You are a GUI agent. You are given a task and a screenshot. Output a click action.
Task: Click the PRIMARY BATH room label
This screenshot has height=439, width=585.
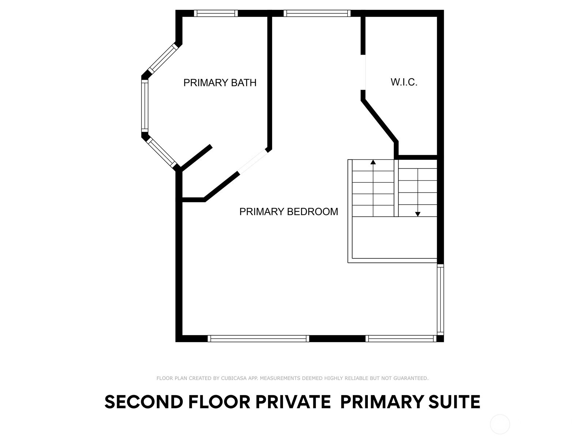coord(220,83)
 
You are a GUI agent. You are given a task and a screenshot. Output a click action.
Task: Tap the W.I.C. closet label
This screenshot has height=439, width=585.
coord(404,82)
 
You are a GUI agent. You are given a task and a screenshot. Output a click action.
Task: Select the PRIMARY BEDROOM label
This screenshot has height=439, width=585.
coord(288,212)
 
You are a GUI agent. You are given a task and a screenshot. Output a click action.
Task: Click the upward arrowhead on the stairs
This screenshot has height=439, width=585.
coord(373,162)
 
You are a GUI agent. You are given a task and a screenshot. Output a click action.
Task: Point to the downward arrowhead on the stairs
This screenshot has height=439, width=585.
coord(418,214)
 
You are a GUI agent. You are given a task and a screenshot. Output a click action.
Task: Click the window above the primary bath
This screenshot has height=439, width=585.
coord(216,13)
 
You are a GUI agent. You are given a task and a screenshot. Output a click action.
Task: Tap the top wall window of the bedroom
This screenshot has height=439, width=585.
coord(317,13)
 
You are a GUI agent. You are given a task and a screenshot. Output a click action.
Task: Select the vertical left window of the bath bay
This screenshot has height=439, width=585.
coord(145,106)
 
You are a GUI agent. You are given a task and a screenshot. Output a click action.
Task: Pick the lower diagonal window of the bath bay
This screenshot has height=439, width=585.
coord(162,152)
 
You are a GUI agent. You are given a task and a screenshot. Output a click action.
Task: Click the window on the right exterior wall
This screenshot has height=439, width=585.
coord(441,299)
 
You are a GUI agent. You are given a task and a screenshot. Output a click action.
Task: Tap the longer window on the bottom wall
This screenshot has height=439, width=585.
coord(258,338)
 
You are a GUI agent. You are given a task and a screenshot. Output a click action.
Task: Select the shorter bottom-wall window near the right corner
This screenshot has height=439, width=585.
coord(401,338)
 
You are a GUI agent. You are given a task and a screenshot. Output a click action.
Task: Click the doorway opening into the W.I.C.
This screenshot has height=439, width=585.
coord(363,72)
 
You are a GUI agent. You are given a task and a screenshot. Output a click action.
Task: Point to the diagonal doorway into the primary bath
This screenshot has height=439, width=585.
coord(252,161)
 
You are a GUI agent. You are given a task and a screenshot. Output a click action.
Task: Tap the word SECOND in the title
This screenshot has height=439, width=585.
coord(144,402)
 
